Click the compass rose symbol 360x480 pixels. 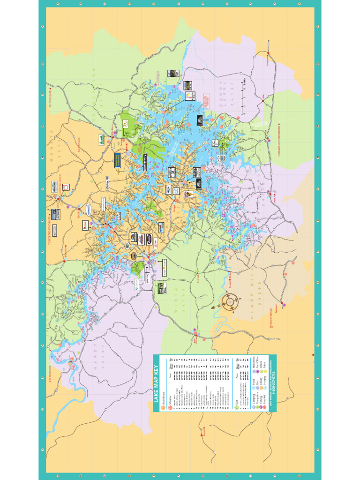pos(231,302)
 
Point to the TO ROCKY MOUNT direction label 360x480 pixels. pos(270,326)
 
